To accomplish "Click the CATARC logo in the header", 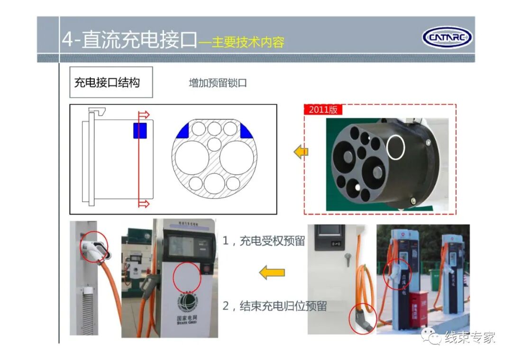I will [447, 37].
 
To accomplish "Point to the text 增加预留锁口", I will [218, 83].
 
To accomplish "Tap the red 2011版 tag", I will [323, 109].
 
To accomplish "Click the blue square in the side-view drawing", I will [139, 130].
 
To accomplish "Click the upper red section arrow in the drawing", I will [144, 115].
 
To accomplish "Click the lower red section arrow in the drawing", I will [144, 204].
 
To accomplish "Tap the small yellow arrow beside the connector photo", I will [301, 153].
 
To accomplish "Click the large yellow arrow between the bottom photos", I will [272, 272].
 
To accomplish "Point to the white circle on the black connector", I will [396, 146].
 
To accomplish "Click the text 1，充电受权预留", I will [264, 241].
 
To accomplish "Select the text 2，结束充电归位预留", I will [274, 306].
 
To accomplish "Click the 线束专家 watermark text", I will [469, 337].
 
